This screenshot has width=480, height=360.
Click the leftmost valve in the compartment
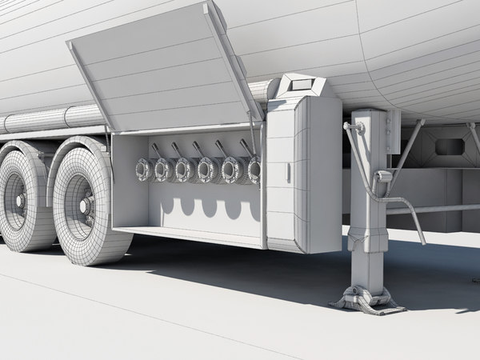tap(144, 170)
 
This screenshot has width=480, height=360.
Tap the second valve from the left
tap(163, 170)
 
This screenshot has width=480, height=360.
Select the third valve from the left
tap(185, 170)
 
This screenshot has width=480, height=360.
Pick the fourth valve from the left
tap(208, 170)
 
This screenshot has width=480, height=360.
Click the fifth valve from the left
tap(233, 170)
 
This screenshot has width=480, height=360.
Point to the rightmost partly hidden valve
tap(254, 170)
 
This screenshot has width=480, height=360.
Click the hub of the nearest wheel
tap(85, 206)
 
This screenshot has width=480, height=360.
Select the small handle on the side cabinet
tap(288, 172)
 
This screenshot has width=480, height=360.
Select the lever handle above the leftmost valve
tap(155, 150)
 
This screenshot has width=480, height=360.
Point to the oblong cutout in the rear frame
tap(450, 147)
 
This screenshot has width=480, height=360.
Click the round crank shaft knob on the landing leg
tap(349, 126)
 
